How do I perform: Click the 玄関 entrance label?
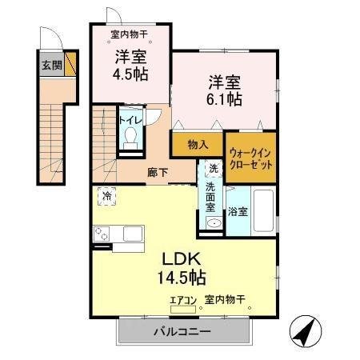[51, 65]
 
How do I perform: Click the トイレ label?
[130, 120]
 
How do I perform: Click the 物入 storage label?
[198, 145]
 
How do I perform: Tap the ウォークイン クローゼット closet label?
[250, 157]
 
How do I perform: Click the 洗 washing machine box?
[213, 169]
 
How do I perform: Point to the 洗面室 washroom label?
[211, 197]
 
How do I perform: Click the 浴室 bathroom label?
[238, 213]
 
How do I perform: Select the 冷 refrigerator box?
[106, 194]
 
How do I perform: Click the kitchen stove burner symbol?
[102, 234]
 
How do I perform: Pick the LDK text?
[184, 260]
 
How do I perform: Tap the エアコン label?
[183, 301]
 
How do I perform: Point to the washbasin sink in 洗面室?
[213, 222]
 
